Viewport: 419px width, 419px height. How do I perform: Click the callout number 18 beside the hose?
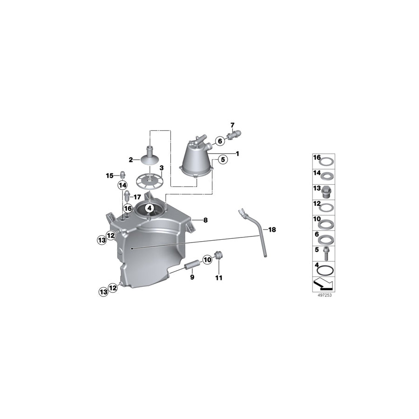point(272,230)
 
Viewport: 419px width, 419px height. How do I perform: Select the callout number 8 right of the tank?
point(205,219)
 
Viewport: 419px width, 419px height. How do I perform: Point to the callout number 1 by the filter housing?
point(237,153)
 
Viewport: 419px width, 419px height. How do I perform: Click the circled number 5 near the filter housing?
point(223,160)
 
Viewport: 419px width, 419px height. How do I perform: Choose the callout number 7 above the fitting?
point(232,125)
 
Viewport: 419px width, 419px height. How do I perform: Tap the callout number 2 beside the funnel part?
point(131,160)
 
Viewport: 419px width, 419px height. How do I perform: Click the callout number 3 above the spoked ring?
point(162,168)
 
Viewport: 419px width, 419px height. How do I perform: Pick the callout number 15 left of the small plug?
point(109,176)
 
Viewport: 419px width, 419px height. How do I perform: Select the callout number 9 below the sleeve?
point(192,277)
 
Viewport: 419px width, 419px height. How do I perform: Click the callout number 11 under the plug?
point(218,278)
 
